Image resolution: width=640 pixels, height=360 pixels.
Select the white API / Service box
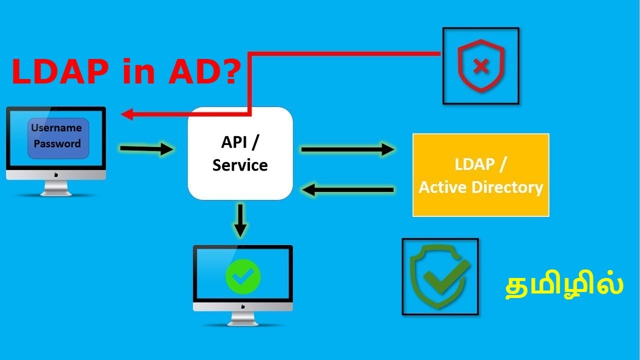tap(240, 153)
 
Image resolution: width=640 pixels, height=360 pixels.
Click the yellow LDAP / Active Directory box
tap(480, 175)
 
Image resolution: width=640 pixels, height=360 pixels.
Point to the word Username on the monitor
tap(56, 128)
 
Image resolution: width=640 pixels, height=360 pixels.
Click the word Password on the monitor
tap(57, 144)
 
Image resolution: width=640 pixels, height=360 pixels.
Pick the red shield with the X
tap(480, 66)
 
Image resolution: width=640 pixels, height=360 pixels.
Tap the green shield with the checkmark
tap(439, 276)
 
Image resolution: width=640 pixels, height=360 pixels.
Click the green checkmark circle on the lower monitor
tap(243, 275)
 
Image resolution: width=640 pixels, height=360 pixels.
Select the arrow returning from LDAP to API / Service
tap(348, 189)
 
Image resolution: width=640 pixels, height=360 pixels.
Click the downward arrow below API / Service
tap(240, 220)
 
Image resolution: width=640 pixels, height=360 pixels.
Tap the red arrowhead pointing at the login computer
tap(127, 114)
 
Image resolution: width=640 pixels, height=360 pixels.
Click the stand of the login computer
tap(56, 188)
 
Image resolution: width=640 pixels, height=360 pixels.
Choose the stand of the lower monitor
tap(243, 319)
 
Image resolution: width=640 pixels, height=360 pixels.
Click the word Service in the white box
tap(240, 165)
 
